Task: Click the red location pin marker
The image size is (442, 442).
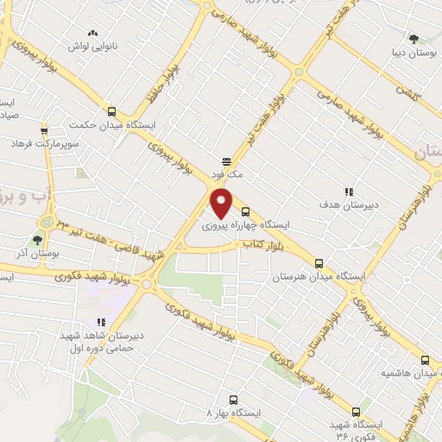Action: point(222,202)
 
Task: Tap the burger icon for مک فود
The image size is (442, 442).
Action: point(226,161)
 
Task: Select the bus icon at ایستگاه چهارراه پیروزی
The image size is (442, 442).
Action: point(246,212)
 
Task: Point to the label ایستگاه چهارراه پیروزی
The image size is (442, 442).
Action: point(246,224)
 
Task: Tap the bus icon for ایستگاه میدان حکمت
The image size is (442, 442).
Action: point(111,111)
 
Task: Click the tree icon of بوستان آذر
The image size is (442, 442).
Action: point(37,241)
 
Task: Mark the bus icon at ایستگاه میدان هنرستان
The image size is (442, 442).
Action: point(319,263)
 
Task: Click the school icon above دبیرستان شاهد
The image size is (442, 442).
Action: point(101,321)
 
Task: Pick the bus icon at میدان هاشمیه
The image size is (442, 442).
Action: point(424,360)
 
